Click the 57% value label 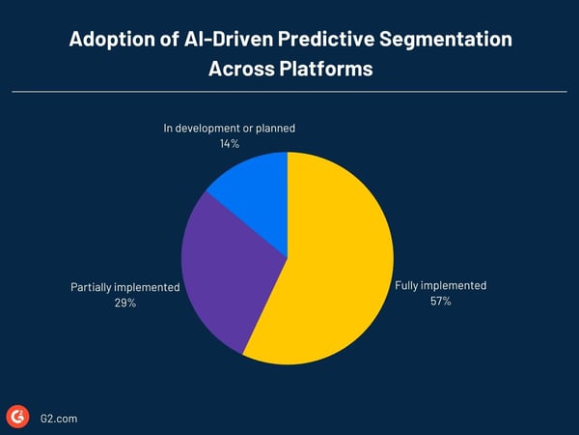click(440, 302)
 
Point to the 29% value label click(124, 304)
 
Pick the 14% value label click(229, 143)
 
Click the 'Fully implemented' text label click(440, 286)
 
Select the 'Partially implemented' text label click(124, 288)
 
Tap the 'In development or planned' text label click(229, 128)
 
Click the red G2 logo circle click(17, 416)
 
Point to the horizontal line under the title click(289, 92)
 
